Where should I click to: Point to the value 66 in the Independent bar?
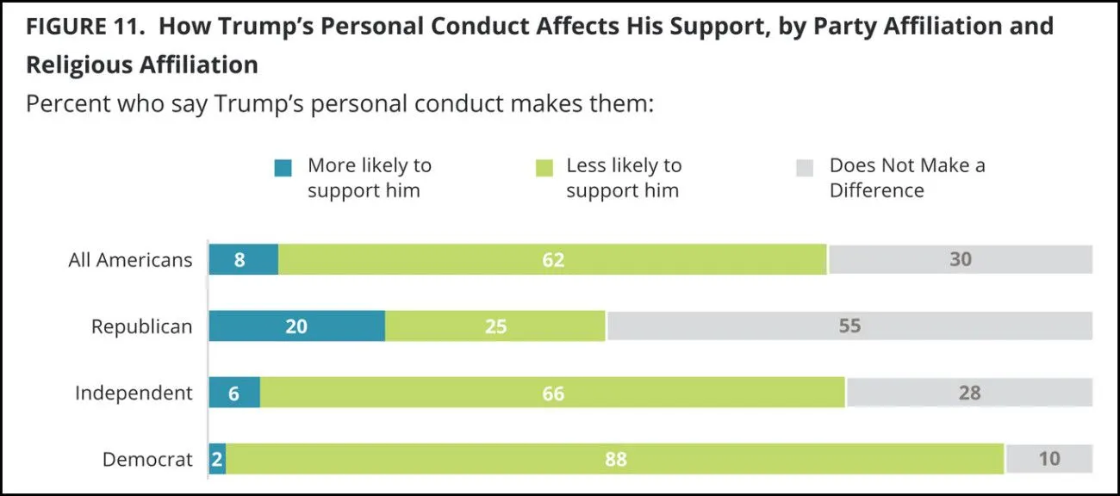point(553,394)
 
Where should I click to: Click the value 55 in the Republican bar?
point(849,326)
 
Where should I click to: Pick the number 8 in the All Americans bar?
point(240,259)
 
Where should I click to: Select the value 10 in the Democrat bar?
point(1048,459)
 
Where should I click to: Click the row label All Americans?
point(130,260)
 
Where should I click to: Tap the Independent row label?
point(134,394)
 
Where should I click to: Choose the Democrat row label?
point(147,460)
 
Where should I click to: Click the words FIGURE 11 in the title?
point(84,26)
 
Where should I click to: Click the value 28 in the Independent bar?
point(969,394)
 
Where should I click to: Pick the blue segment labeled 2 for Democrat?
point(217,459)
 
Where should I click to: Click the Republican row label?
point(141,327)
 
